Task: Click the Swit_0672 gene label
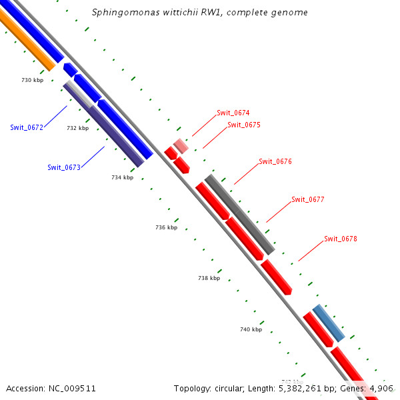(x=27, y=127)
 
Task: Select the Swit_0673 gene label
(x=64, y=167)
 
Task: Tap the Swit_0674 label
(x=233, y=113)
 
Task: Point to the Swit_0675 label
(x=244, y=125)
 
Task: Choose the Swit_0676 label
(x=275, y=161)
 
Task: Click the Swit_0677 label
(x=308, y=199)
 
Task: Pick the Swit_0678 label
(x=341, y=239)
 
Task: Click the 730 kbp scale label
(x=32, y=80)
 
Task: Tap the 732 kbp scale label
(x=77, y=128)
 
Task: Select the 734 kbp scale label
(x=122, y=177)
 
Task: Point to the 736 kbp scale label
(x=166, y=227)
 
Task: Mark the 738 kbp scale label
(x=209, y=278)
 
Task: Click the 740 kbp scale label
(x=251, y=329)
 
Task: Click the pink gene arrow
(x=181, y=145)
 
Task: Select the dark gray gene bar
(x=240, y=214)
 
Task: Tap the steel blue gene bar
(x=329, y=323)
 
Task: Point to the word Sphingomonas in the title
(x=122, y=13)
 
